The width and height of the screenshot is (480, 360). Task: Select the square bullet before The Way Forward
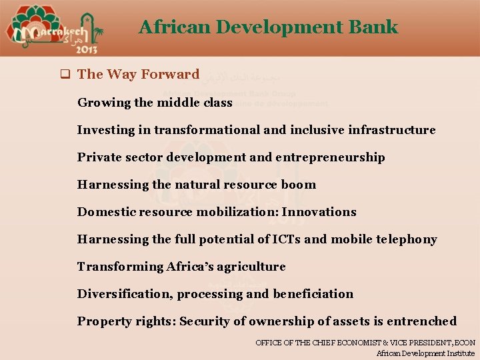[x=65, y=75]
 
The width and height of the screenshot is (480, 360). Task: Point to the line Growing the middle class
[x=155, y=103]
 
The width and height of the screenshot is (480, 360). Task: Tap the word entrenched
[x=423, y=321]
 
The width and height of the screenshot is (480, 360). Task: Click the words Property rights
[x=125, y=321]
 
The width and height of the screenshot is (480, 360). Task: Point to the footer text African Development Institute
[x=425, y=353]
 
